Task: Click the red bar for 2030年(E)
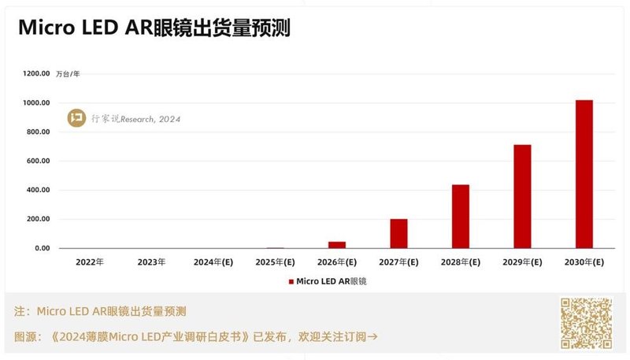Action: coord(584,174)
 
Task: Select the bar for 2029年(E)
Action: coord(522,196)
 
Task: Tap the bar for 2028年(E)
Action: coord(461,217)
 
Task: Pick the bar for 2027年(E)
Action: coord(398,233)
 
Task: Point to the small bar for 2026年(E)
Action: coord(337,245)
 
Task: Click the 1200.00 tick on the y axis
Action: coord(36,74)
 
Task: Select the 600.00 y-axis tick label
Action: coord(38,161)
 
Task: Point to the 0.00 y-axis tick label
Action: coord(41,248)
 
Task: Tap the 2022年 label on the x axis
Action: coord(90,262)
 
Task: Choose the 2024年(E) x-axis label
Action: coord(213,262)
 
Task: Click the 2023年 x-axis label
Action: coord(151,262)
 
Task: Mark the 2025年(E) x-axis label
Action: coord(275,262)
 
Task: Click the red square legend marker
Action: coord(291,280)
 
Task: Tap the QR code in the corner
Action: coord(586,323)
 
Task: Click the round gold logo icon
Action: coord(77,119)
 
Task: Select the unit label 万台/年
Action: coord(68,74)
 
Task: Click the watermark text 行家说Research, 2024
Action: coord(135,119)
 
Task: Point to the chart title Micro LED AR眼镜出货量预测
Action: coord(154,28)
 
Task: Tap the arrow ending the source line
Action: coord(373,336)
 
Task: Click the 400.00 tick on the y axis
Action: coord(38,190)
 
